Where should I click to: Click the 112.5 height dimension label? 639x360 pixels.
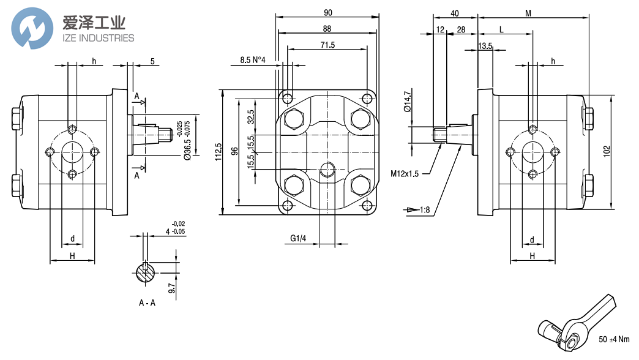(x=218, y=151)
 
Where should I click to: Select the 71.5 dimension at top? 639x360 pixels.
(x=327, y=45)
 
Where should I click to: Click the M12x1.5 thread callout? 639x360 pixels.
(x=405, y=174)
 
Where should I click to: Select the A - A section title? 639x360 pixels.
(x=148, y=302)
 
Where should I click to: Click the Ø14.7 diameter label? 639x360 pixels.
(x=408, y=101)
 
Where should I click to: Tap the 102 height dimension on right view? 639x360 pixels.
(x=606, y=151)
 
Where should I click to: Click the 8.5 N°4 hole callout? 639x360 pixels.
(x=252, y=59)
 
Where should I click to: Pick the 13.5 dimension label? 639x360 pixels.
(x=485, y=47)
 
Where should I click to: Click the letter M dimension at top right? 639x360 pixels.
(x=528, y=12)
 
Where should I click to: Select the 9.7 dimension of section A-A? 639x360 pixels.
(x=172, y=288)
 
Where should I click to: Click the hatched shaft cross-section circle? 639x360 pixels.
(x=146, y=273)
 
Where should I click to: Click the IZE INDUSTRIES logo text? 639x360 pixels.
(x=98, y=38)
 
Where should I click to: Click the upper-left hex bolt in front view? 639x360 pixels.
(x=293, y=118)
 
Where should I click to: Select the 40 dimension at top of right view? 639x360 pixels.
(x=455, y=12)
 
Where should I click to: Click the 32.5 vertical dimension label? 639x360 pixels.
(x=250, y=117)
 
